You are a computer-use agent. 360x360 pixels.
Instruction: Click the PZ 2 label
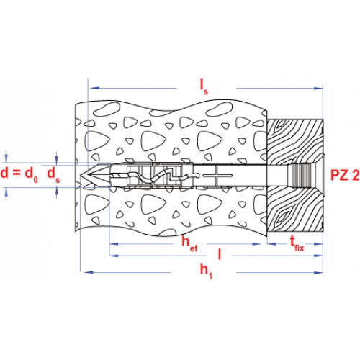[345, 175]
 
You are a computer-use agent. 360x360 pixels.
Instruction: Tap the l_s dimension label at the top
[204, 87]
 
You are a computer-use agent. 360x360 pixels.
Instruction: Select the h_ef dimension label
[189, 244]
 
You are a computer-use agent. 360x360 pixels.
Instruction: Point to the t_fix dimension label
[297, 243]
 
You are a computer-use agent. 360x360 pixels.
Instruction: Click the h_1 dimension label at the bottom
[206, 271]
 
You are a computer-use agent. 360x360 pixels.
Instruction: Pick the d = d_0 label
[19, 174]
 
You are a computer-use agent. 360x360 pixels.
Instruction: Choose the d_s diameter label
[53, 174]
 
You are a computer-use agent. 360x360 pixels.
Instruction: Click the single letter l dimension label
[220, 254]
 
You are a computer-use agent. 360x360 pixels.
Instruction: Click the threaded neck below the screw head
[300, 175]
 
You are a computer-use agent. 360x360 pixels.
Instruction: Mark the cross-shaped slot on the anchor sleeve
[217, 176]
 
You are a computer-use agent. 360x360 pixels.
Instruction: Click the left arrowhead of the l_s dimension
[94, 88]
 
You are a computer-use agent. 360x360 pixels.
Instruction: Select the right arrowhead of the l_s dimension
[318, 89]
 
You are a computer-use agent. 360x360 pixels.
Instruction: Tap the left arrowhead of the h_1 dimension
[89, 272]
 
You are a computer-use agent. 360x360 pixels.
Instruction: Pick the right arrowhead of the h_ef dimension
[256, 244]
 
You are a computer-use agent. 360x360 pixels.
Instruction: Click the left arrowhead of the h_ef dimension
[114, 244]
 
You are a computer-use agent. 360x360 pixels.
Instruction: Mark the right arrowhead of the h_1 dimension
[318, 272]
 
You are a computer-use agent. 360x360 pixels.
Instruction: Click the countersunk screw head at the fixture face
[318, 175]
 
